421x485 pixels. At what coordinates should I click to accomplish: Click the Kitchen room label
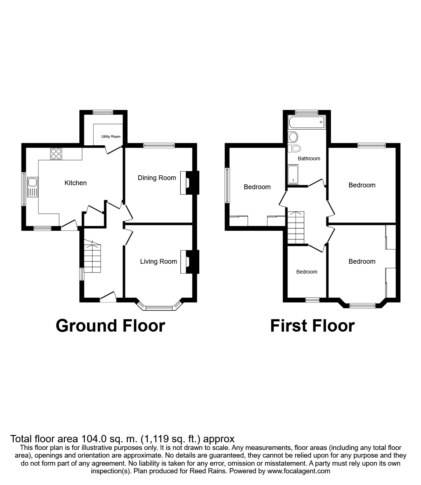point(75,183)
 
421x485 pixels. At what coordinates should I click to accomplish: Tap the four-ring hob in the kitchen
point(56,154)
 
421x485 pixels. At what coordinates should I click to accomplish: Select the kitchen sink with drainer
point(32,187)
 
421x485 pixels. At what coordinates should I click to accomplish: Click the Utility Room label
point(111,137)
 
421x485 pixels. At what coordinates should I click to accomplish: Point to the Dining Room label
point(157,178)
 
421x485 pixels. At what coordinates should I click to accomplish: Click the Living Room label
point(158,261)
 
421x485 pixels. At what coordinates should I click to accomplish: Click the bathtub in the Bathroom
point(306,122)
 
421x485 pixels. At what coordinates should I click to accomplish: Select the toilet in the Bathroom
point(294,148)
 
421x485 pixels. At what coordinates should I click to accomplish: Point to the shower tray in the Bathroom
point(293,175)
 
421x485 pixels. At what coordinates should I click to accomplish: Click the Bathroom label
point(309,159)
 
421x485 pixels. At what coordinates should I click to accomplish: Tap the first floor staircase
point(295,227)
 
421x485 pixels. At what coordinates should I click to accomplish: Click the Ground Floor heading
point(110,325)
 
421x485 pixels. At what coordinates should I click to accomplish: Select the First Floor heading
point(312,325)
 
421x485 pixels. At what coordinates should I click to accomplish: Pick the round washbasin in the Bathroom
point(293,137)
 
